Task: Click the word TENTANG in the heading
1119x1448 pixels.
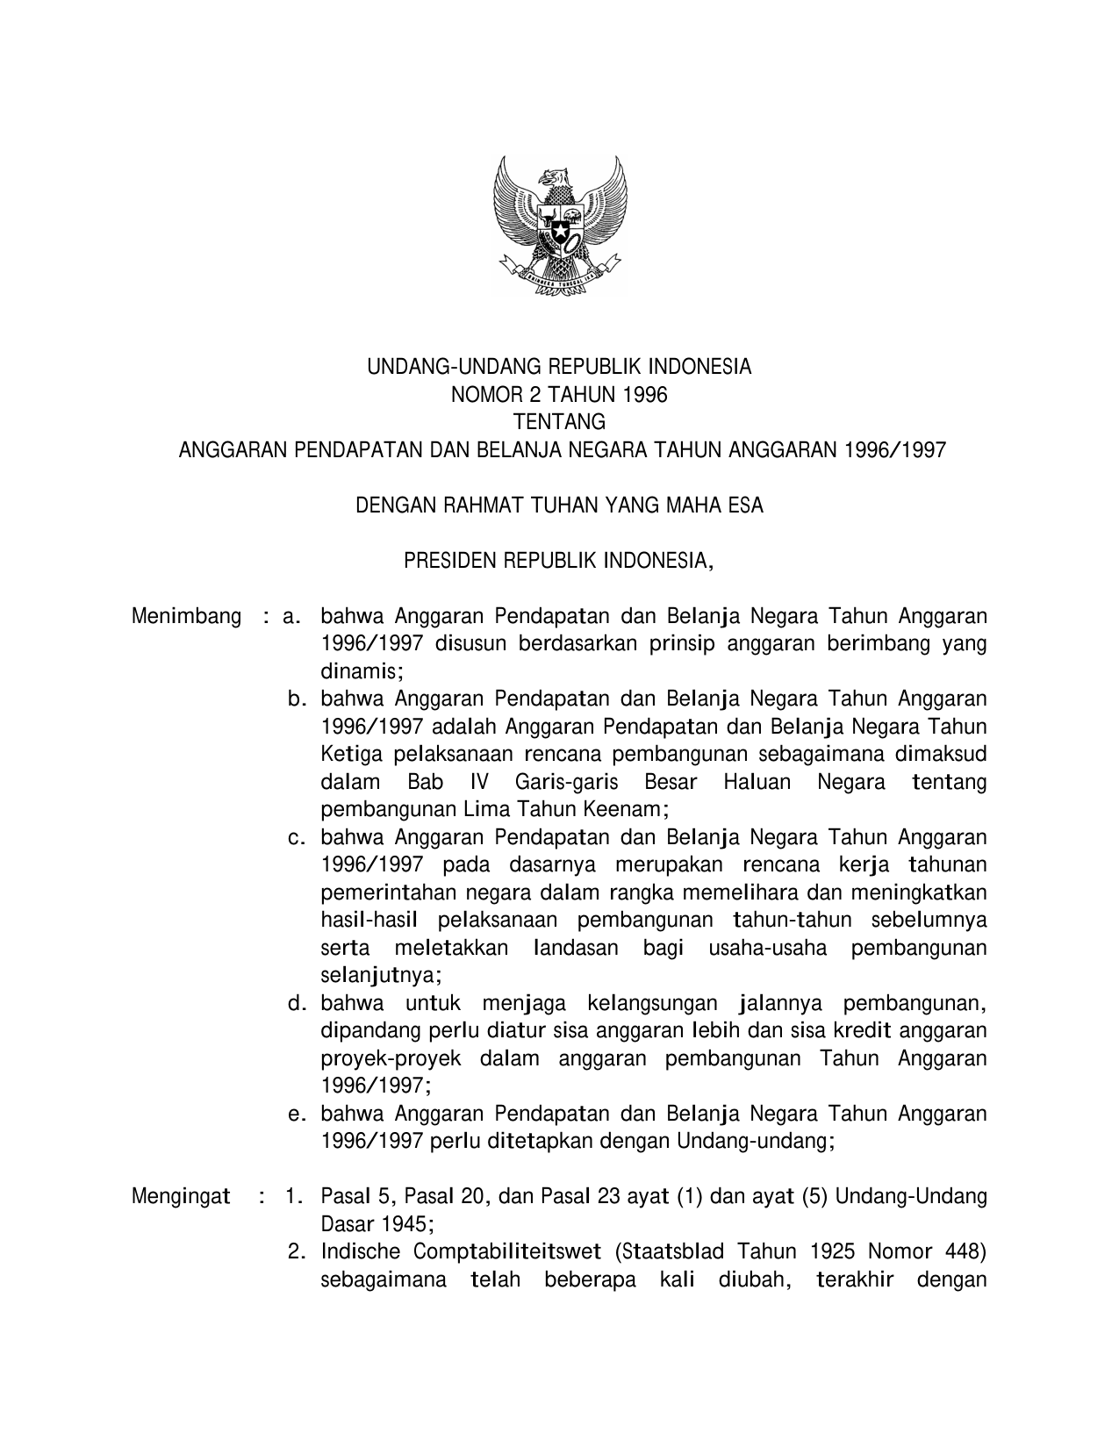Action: [559, 422]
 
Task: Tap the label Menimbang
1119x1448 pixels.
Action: [186, 617]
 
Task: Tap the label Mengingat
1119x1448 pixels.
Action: [181, 1196]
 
